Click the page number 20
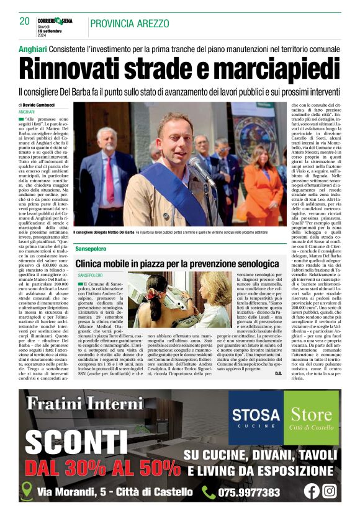pyautogui.click(x=25, y=21)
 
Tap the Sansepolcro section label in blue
pyautogui.click(x=91, y=248)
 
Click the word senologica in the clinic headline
pyautogui.click(x=248, y=263)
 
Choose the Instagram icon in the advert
pyautogui.click(x=330, y=491)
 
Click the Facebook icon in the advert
pyautogui.click(x=311, y=491)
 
